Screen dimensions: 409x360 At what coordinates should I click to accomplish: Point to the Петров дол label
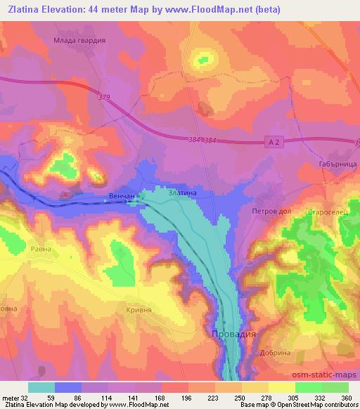[x=271, y=210]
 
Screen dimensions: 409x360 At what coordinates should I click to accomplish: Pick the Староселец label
[x=324, y=212]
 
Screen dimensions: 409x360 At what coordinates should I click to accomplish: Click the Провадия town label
[x=234, y=335]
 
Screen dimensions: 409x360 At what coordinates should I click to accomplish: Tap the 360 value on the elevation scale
[x=345, y=398]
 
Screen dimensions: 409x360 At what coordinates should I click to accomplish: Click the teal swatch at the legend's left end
[x=41, y=387]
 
